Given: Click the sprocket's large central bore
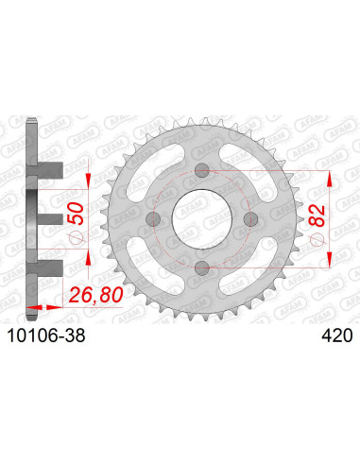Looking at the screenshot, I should click(x=199, y=218).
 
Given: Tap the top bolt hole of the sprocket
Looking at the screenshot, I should click(x=199, y=171).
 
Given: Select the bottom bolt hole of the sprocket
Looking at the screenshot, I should click(x=199, y=267).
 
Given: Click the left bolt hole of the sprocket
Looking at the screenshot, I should click(x=152, y=218).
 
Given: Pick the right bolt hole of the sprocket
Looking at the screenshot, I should click(x=248, y=218).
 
